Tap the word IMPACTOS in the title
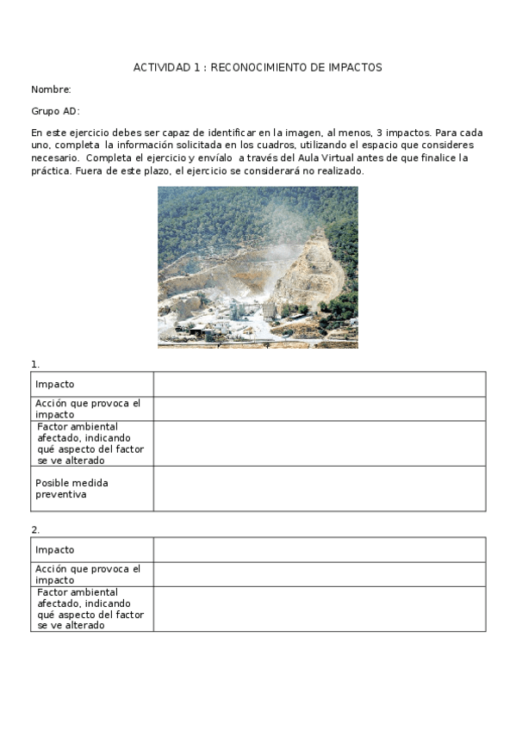(x=356, y=67)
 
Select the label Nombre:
(x=51, y=90)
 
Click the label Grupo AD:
(x=55, y=111)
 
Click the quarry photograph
(x=258, y=267)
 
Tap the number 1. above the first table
(x=35, y=364)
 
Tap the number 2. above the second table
(x=35, y=530)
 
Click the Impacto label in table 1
(x=55, y=384)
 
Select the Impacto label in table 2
(x=55, y=550)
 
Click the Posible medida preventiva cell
(x=72, y=488)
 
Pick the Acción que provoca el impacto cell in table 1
(x=88, y=408)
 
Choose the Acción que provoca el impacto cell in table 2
(x=88, y=574)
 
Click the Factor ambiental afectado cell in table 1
(x=90, y=443)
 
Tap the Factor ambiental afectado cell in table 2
(x=90, y=609)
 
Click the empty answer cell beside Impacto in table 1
(x=319, y=384)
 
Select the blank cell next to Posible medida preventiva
(x=319, y=488)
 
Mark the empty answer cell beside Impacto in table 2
(x=319, y=550)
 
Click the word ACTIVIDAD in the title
(x=160, y=67)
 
